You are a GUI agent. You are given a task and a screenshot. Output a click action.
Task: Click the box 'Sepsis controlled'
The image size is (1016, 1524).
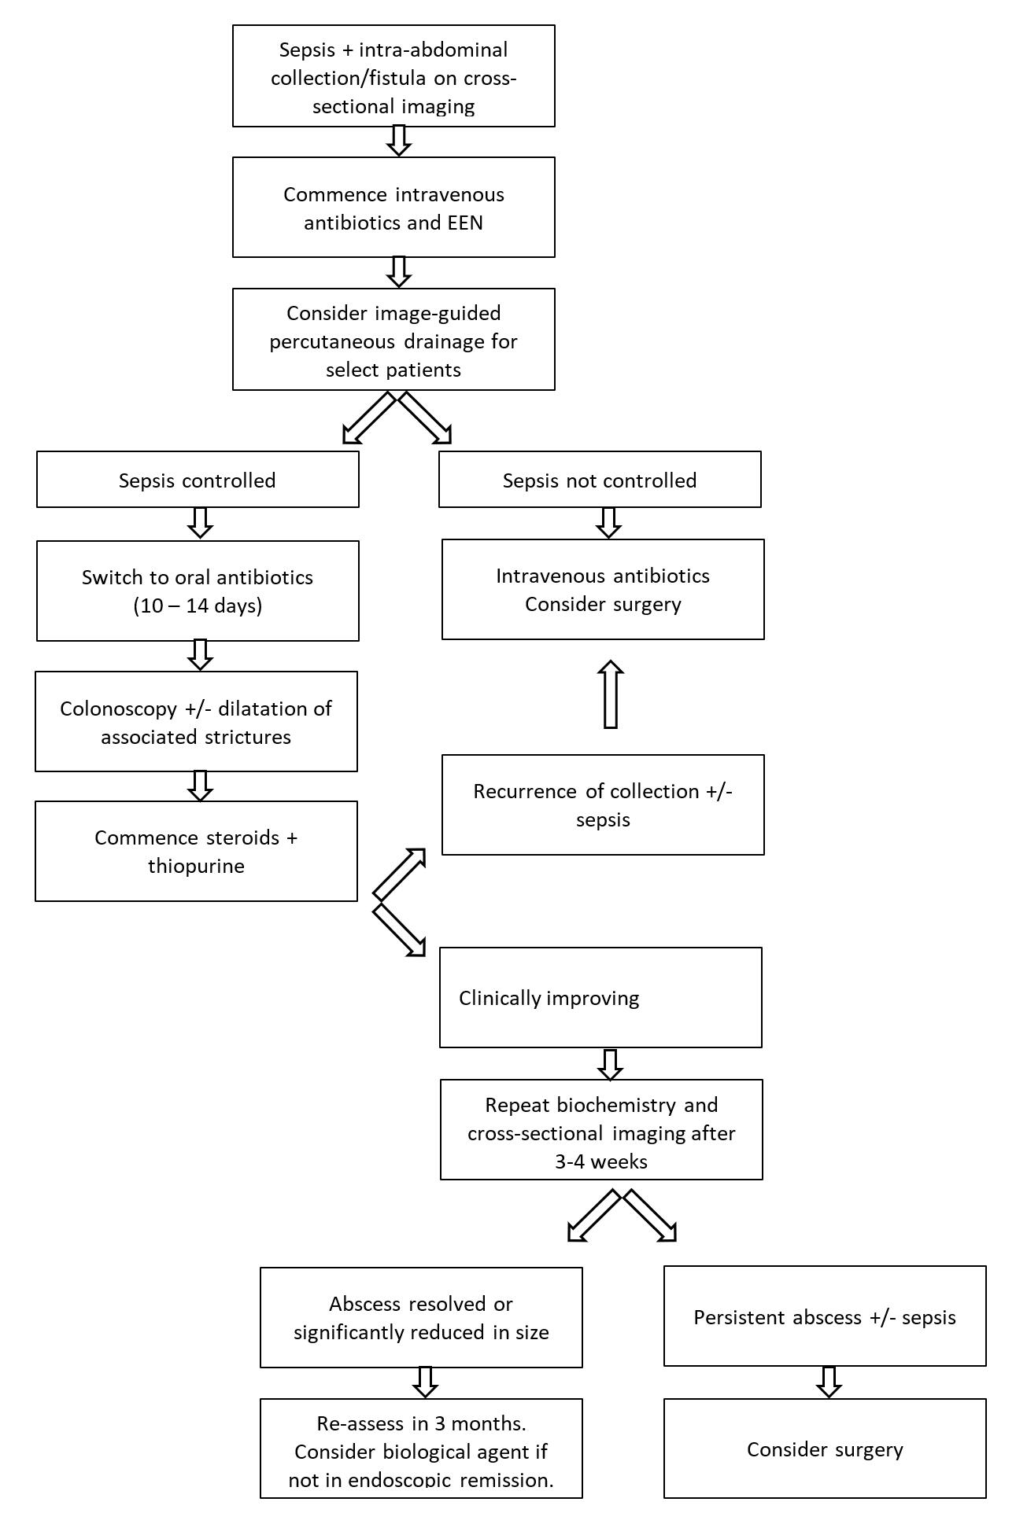[x=198, y=480]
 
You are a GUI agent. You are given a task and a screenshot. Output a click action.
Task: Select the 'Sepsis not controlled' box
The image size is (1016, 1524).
[x=600, y=480]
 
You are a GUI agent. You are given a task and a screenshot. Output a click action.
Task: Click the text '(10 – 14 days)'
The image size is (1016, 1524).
[x=198, y=606]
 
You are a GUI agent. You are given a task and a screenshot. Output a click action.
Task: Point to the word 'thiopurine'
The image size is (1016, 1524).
[x=196, y=866]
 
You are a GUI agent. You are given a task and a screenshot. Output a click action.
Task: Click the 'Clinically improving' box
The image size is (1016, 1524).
[x=600, y=997]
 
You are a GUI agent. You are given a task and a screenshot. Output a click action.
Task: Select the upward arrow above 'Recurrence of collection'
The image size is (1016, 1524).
[x=611, y=694]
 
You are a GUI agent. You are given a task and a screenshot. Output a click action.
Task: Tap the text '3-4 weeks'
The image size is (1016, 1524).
[x=601, y=1161]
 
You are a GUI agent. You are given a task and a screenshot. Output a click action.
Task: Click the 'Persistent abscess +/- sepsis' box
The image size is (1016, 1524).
[x=825, y=1317]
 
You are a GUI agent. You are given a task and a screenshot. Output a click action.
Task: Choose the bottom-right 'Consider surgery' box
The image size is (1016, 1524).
[x=825, y=1449]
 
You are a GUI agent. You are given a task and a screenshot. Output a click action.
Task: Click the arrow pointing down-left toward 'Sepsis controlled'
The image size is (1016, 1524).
[x=368, y=418]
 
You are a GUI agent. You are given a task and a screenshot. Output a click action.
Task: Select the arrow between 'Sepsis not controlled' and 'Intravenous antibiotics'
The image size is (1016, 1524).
[x=608, y=523]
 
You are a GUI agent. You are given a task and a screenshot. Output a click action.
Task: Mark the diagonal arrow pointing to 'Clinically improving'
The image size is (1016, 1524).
[x=399, y=929]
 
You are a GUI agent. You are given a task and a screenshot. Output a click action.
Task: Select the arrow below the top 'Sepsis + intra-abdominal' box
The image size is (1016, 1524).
[x=400, y=142]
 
